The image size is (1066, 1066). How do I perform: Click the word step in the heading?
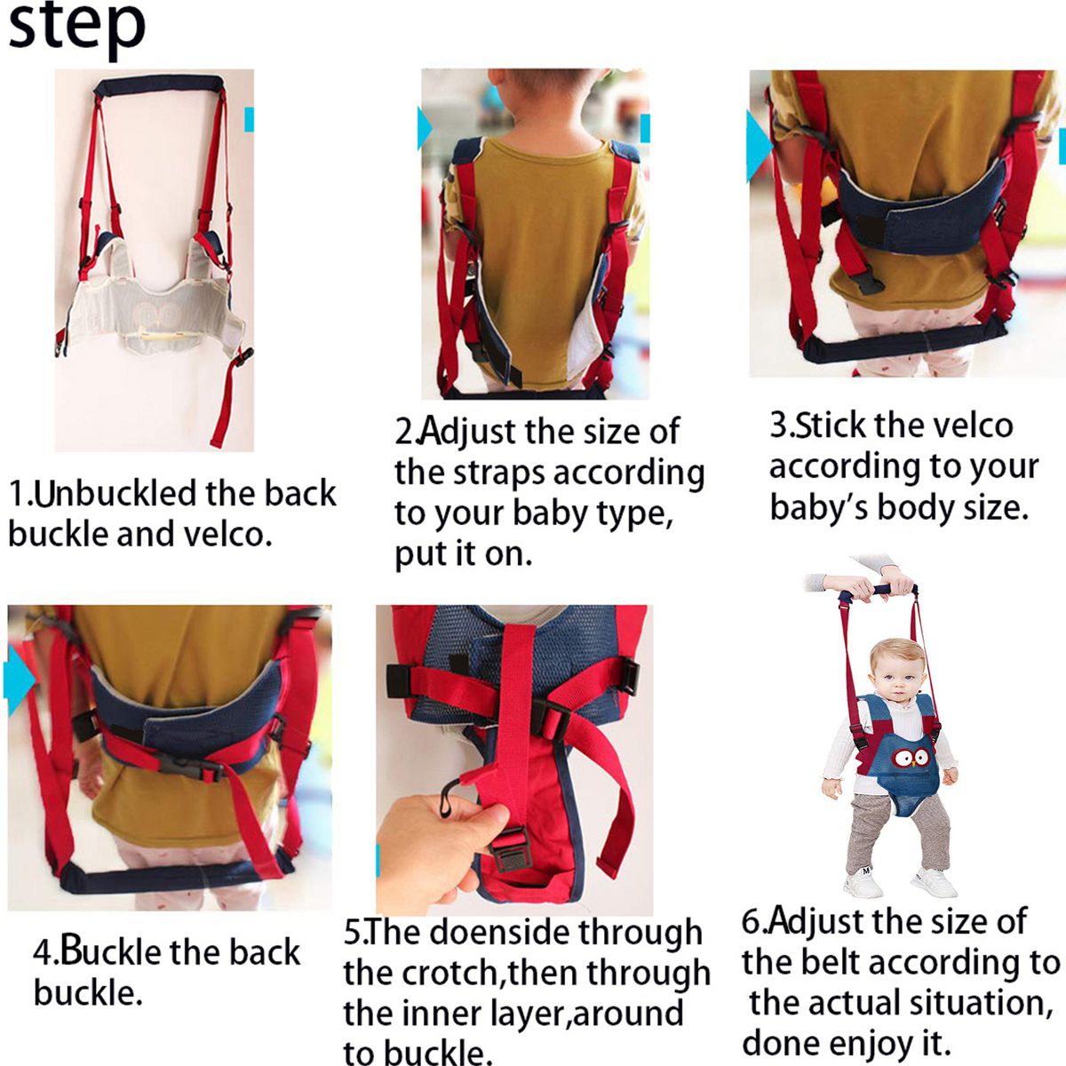pos(76,27)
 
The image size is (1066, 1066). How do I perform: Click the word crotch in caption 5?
pos(453,974)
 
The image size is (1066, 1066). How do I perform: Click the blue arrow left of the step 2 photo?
pos(426,131)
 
